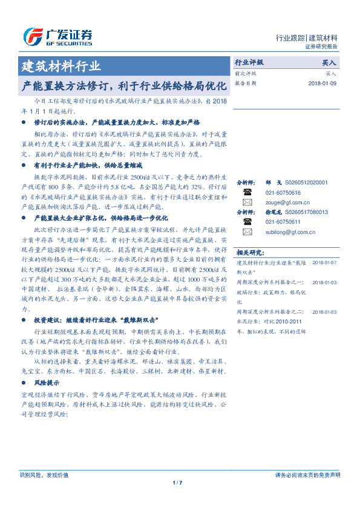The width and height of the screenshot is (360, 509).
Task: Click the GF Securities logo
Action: tap(57, 37)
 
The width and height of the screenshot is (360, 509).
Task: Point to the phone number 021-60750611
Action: tap(284, 222)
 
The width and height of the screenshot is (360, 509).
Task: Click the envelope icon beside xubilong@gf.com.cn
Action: tap(247, 232)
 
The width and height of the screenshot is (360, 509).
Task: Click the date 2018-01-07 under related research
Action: tap(325, 263)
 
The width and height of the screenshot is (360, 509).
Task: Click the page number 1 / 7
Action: tap(177, 482)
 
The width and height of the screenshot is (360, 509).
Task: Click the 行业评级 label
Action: tap(249, 62)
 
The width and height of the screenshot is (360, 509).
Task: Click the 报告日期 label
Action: tap(246, 83)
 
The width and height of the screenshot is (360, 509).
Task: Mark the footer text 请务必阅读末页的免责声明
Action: tap(307, 475)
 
